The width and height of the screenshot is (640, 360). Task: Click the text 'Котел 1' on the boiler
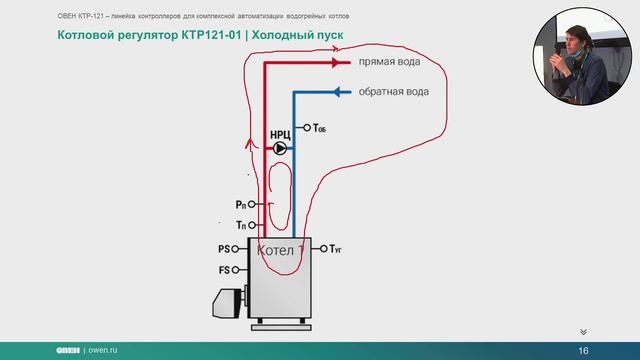coord(281,249)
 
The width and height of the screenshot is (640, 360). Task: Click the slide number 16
coord(583,349)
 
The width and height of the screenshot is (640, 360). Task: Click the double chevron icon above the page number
coord(583,331)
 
